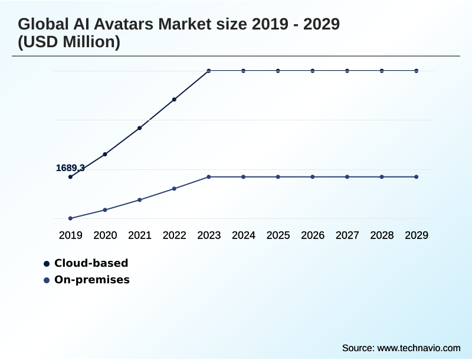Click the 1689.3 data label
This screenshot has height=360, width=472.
(70, 168)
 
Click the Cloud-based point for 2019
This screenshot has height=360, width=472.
(70, 176)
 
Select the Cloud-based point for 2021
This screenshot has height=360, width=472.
(140, 128)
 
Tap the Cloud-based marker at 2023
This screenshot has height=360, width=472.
(209, 71)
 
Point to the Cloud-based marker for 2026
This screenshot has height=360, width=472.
(313, 71)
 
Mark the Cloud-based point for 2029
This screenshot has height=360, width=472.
(417, 71)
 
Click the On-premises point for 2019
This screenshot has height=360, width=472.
(70, 218)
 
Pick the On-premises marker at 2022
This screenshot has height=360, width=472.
(174, 189)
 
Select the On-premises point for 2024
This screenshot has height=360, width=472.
(243, 177)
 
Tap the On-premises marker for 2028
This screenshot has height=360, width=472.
(382, 177)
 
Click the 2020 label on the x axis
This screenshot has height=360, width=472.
(105, 235)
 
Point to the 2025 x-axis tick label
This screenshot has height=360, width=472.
(278, 235)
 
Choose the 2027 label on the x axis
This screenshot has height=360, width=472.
(348, 235)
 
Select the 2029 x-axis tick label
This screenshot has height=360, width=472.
(417, 235)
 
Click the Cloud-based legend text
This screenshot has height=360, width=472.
(91, 263)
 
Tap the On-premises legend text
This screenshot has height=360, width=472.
(91, 280)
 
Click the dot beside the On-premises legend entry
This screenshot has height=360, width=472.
(46, 280)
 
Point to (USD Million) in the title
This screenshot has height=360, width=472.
(69, 42)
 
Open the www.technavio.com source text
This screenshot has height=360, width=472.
(418, 348)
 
